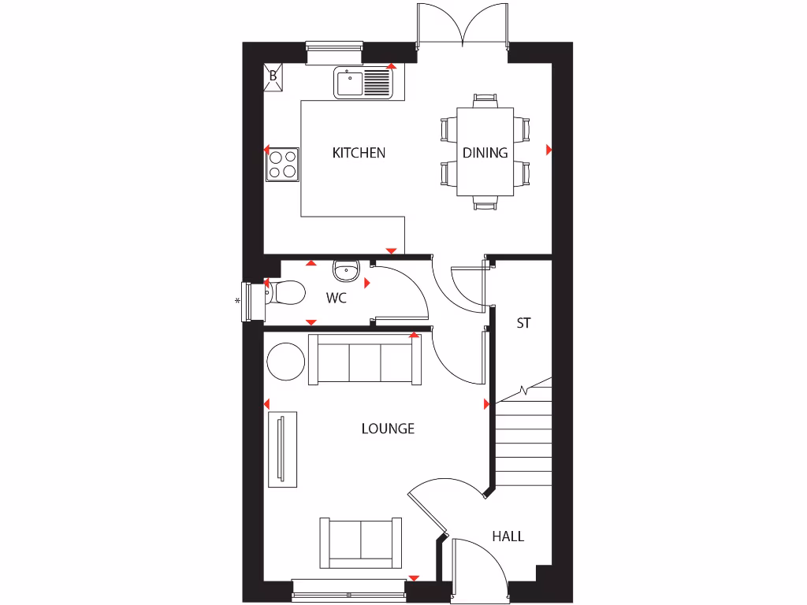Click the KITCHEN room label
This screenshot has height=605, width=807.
pyautogui.click(x=359, y=153)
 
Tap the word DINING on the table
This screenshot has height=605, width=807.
pyautogui.click(x=485, y=153)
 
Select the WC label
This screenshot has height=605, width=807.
pyautogui.click(x=337, y=299)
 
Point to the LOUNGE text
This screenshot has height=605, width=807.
pyautogui.click(x=388, y=429)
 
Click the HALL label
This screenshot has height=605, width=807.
pyautogui.click(x=508, y=536)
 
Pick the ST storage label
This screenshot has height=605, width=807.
pyautogui.click(x=523, y=323)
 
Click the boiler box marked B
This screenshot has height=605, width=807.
pyautogui.click(x=273, y=76)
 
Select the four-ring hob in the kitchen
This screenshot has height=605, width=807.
pyautogui.click(x=283, y=164)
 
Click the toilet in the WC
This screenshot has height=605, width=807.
pyautogui.click(x=285, y=293)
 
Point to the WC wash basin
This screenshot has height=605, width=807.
pyautogui.click(x=346, y=270)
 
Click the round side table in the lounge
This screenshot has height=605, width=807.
pyautogui.click(x=285, y=362)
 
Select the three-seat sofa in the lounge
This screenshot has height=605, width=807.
pyautogui.click(x=364, y=360)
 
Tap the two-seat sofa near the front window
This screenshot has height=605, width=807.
pyautogui.click(x=360, y=543)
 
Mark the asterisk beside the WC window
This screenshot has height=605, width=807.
pyautogui.click(x=236, y=301)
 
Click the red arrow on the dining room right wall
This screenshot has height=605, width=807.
pyautogui.click(x=549, y=149)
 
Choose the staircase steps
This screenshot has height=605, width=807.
pyautogui.click(x=523, y=441)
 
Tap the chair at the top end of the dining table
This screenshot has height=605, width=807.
pyautogui.click(x=485, y=100)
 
